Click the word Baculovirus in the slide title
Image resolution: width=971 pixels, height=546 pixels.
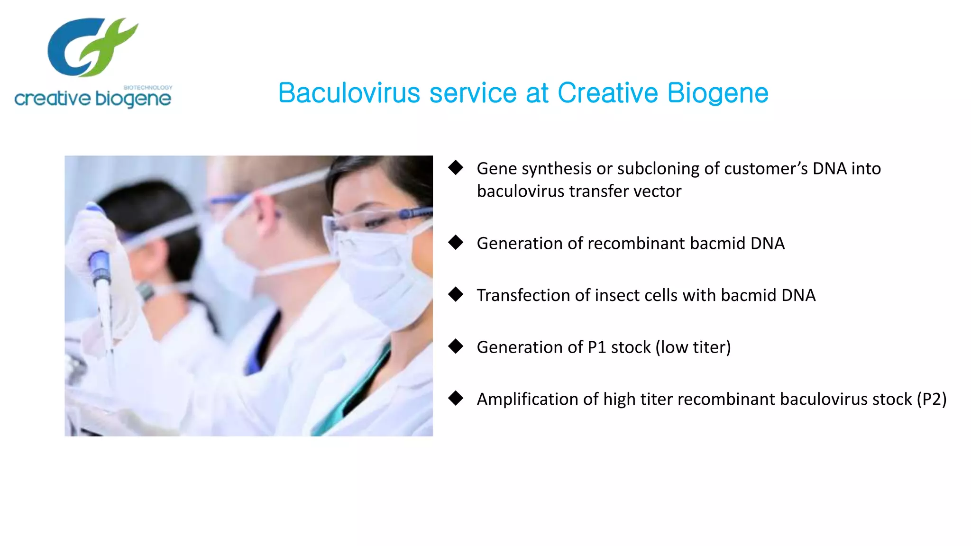(349, 93)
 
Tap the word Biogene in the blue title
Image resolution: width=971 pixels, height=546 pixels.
(718, 93)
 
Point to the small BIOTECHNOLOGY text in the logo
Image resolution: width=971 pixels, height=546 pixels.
(148, 88)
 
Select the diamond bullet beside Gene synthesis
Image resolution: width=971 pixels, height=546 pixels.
(456, 167)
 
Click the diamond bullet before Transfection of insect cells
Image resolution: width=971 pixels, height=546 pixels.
(456, 294)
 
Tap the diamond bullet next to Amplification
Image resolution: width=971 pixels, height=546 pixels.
(456, 398)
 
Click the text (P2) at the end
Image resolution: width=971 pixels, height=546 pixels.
(931, 399)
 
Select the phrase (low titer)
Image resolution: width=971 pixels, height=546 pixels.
(693, 347)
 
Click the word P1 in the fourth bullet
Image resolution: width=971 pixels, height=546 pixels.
(597, 347)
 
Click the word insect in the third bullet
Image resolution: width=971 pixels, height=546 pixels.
(617, 295)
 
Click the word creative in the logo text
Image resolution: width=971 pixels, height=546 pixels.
(52, 99)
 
